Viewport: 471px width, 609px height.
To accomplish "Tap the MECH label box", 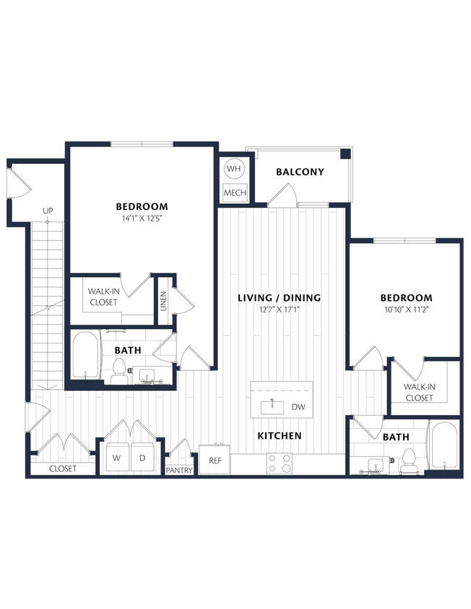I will coord(235,193).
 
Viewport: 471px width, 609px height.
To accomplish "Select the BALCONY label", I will coord(300,172).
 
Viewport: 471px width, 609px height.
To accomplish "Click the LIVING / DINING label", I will coord(280,297).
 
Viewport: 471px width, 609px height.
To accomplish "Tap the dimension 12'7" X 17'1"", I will coord(280,310).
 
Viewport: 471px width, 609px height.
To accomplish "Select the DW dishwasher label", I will coord(298,407).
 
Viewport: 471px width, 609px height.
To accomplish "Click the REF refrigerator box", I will coord(215,460).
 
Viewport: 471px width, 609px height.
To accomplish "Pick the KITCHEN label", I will coord(280,436).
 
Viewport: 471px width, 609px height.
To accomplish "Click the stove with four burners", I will coord(280,463).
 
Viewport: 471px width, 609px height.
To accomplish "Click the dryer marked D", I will coord(142,458).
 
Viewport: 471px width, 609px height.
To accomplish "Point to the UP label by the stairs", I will coord(48,211).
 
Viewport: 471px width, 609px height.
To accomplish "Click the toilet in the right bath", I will coord(410,461).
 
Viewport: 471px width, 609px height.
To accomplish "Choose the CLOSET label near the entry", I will coord(63,469).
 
